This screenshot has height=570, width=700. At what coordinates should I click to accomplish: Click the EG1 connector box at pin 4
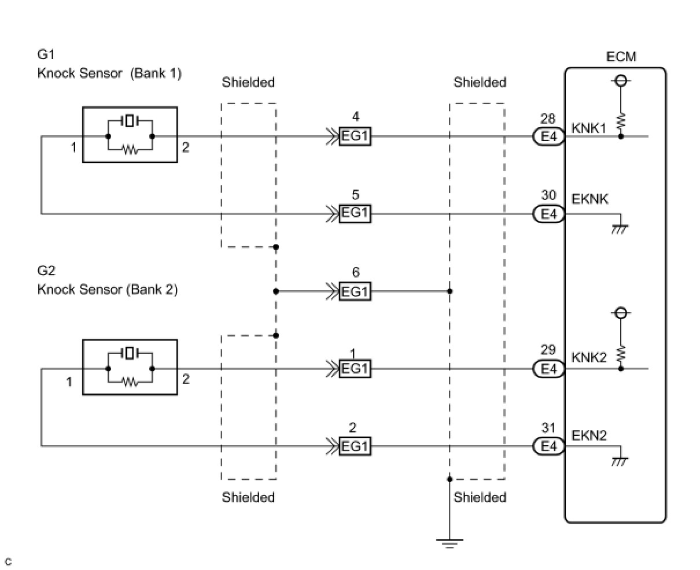355,137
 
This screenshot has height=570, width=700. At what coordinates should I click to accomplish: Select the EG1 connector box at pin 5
355,214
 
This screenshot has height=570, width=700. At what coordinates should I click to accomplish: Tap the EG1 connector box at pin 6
355,291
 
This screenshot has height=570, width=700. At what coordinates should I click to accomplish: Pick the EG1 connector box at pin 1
355,368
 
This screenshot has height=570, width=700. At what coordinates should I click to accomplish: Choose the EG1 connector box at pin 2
355,446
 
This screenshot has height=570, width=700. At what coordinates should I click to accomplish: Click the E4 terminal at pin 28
548,137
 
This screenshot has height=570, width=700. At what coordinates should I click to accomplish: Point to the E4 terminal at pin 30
548,214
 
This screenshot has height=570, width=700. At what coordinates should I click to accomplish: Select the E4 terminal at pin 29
548,368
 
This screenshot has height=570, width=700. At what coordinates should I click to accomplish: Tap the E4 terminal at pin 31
548,446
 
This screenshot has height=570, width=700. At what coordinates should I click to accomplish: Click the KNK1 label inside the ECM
589,128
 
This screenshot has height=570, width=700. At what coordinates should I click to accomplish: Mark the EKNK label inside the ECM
590,199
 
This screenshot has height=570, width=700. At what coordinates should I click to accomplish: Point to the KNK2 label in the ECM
589,358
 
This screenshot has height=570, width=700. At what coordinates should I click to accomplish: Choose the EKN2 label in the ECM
589,435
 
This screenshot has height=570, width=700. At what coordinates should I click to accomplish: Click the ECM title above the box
621,57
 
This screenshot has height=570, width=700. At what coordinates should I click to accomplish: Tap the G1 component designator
46,55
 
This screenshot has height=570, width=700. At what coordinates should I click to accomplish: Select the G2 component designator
46,271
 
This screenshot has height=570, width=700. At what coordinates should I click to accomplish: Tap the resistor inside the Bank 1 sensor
130,150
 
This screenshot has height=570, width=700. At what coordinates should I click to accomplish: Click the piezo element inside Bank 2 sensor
130,352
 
